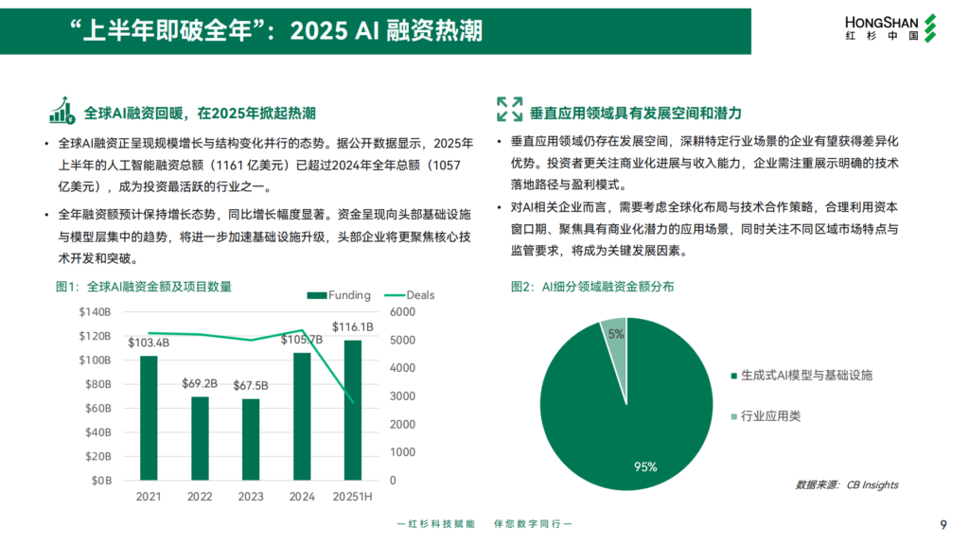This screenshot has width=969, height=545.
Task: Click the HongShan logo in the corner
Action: coord(887,27)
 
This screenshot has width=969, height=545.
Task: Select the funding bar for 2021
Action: coord(149,417)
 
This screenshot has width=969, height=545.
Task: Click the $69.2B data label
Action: coord(200,384)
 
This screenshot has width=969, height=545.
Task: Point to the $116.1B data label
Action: coord(352,327)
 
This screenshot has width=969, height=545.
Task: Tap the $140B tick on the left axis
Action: coord(95,312)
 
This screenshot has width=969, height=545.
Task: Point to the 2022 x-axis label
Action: coord(200,497)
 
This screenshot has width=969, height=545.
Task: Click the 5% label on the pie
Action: coord(616,334)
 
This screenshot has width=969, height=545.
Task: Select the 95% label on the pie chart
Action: coord(646,466)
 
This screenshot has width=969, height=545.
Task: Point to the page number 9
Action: coord(943,526)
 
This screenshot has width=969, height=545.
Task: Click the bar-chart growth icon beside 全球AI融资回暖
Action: coord(63,112)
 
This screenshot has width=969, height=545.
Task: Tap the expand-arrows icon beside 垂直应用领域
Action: coord(509,109)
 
